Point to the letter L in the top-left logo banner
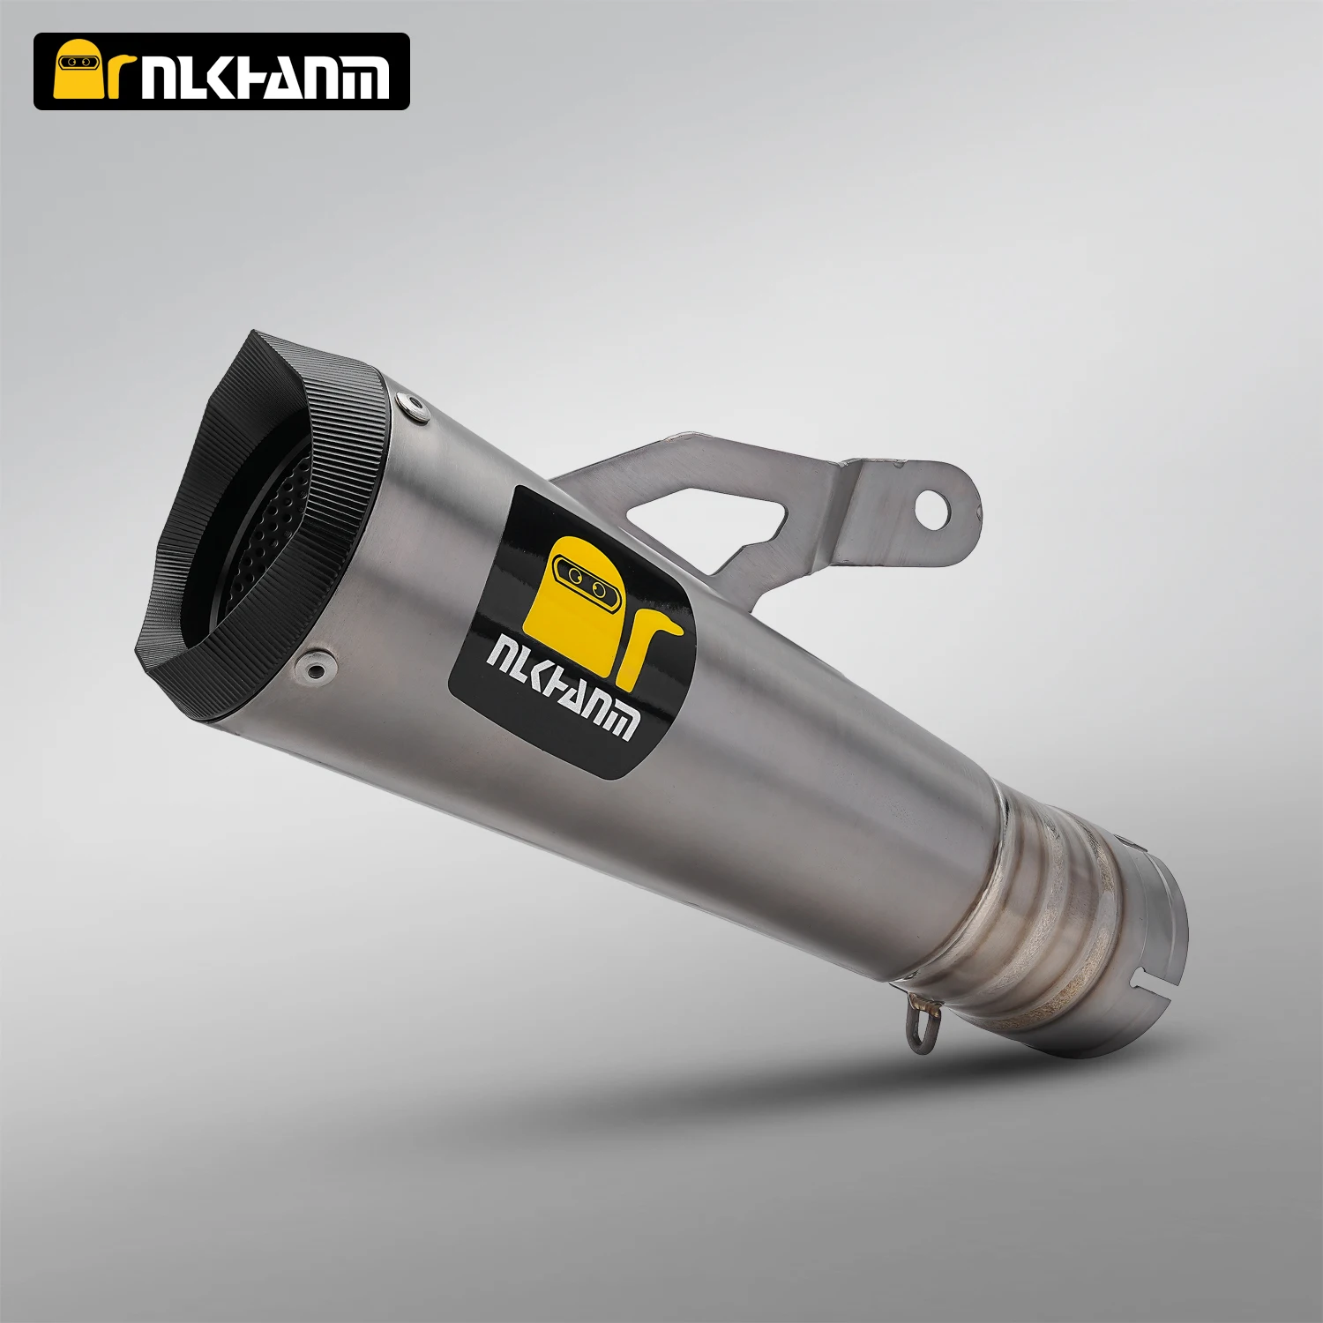194,77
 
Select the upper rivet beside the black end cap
407,405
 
